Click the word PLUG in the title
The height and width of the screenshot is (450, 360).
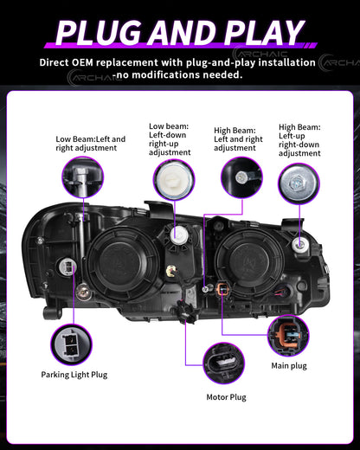click(100, 32)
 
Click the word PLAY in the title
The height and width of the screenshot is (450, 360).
click(263, 32)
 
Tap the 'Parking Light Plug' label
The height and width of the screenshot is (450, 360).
click(74, 375)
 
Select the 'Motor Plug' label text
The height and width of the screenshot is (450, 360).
click(226, 397)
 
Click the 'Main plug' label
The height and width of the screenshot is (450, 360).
click(289, 366)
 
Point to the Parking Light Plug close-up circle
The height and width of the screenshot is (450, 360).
click(71, 344)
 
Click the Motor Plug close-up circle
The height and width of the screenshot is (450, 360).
click(224, 363)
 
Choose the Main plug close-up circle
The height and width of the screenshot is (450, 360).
click(288, 336)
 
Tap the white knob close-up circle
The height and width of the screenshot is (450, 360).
click(174, 180)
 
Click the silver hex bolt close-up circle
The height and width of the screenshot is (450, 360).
click(299, 183)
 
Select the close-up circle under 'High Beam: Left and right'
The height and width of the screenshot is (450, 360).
click(241, 177)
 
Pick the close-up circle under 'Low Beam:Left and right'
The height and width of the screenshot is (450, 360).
click(83, 177)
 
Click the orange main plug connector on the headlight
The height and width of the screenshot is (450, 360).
click(222, 289)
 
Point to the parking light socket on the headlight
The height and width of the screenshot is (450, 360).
click(67, 267)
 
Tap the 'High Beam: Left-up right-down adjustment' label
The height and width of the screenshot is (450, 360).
click(299, 140)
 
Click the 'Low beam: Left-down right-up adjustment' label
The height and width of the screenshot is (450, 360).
click(170, 139)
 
